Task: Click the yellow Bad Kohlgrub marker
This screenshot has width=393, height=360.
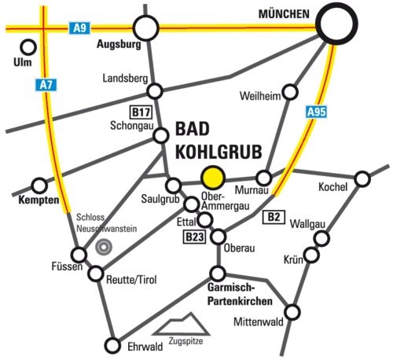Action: pyautogui.click(x=213, y=178)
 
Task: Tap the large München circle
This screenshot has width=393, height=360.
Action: pyautogui.click(x=336, y=24)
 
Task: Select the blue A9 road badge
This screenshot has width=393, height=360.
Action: pyautogui.click(x=79, y=28)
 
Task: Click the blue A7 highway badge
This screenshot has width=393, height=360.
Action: pyautogui.click(x=46, y=85)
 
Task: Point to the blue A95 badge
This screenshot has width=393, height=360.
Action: pyautogui.click(x=317, y=112)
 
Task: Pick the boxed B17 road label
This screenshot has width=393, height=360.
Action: pyautogui.click(x=141, y=112)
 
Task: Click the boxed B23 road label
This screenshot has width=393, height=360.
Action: pyautogui.click(x=194, y=237)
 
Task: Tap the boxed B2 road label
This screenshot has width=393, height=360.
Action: pyautogui.click(x=274, y=217)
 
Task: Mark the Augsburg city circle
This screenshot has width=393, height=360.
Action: pyautogui.click(x=146, y=28)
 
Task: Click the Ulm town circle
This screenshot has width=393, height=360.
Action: pyautogui.click(x=28, y=47)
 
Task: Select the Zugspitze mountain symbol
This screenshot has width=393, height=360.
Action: pyautogui.click(x=182, y=324)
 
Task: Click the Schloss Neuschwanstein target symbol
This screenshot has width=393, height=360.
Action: pyautogui.click(x=104, y=247)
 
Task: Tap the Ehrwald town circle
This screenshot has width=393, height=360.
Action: pyautogui.click(x=112, y=345)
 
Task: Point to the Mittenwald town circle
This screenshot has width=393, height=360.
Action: pyautogui.click(x=292, y=312)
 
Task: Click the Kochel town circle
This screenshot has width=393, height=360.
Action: pyautogui.click(x=362, y=179)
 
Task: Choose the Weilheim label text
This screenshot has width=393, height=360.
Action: pyautogui.click(x=260, y=96)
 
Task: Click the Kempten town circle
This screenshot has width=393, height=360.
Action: pyautogui.click(x=39, y=186)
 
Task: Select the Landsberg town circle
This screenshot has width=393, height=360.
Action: pyautogui.click(x=155, y=91)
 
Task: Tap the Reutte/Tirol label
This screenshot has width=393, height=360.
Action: pyautogui.click(x=131, y=280)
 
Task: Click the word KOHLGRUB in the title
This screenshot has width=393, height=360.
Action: pyautogui.click(x=219, y=152)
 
